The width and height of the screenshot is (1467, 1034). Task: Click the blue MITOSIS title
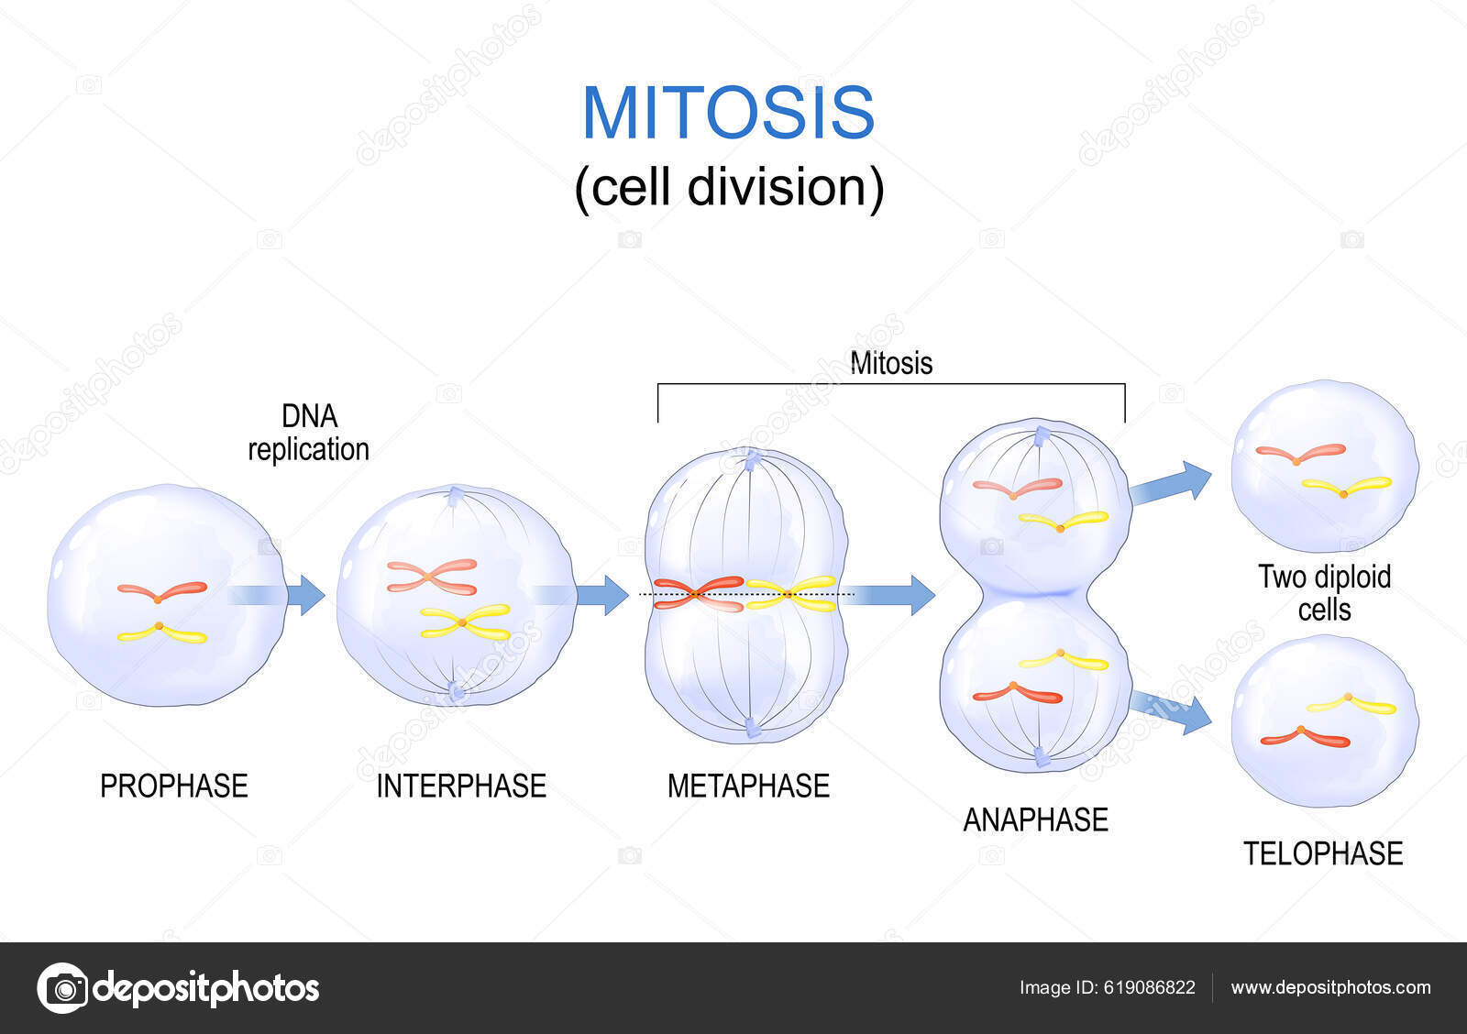coord(729,113)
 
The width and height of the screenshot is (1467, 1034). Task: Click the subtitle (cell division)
coord(729,187)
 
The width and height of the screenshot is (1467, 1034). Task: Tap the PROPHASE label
coord(173,786)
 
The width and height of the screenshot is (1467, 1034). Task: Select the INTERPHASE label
coord(461,786)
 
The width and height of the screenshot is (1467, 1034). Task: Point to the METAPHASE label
coord(748,786)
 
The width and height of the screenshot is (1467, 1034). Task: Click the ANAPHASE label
coord(1035,819)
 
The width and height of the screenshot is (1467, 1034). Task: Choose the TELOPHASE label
coord(1322,853)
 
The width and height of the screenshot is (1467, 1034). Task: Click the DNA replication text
coord(309,433)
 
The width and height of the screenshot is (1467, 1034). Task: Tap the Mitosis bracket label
coord(891,363)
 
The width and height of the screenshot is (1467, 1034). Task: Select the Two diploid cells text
coord(1324,593)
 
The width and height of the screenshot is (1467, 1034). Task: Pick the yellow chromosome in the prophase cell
coord(161,632)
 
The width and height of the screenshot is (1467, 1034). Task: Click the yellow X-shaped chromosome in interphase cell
coord(465,621)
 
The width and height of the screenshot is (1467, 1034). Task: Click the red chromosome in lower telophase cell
coord(1304,736)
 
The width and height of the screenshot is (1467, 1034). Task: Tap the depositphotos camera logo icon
coord(63,988)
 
